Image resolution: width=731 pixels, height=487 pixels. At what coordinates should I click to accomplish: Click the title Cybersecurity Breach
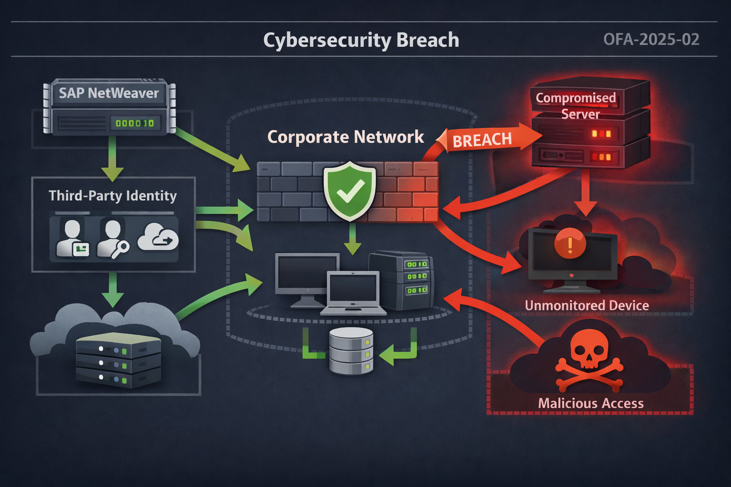click(x=361, y=40)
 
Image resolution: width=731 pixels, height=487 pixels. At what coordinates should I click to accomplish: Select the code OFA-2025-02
click(x=651, y=39)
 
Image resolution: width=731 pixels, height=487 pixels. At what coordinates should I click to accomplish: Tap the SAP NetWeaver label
click(x=109, y=93)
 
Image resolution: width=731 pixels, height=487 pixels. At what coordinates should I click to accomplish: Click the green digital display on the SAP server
click(x=135, y=123)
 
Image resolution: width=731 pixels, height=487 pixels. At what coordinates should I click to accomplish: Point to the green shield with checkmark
click(x=350, y=191)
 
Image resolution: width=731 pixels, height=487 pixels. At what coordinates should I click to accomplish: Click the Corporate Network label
click(x=346, y=137)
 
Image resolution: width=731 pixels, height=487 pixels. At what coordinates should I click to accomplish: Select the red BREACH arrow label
click(x=482, y=140)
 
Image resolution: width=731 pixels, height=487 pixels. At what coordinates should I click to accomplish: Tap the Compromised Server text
click(x=576, y=106)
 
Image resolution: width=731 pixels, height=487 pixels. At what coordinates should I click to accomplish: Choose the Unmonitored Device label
click(x=586, y=305)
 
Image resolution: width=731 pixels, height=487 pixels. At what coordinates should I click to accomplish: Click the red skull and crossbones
click(x=589, y=358)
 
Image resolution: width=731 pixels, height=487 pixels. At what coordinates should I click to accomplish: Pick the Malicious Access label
click(x=591, y=403)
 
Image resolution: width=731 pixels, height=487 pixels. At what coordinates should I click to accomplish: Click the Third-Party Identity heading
click(x=113, y=196)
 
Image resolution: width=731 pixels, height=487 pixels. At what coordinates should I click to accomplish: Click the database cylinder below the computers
click(x=351, y=351)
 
